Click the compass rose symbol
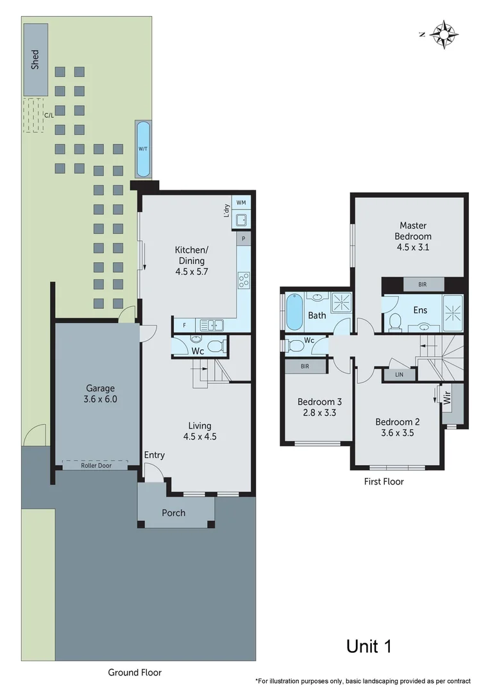point(443,34)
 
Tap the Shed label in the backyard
point(35,59)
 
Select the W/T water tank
point(142,149)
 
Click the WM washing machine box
point(241,202)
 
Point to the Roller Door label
point(96,466)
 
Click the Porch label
point(174,513)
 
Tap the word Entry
point(154,455)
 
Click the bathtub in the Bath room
point(294,311)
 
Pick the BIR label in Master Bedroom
point(422,284)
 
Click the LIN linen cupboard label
point(399,375)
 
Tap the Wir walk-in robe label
point(446,399)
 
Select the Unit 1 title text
point(369,646)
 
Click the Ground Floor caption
point(135,672)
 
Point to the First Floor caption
point(383,481)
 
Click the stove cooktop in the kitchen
point(244,280)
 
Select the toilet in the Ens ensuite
point(396,322)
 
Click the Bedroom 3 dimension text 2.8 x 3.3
point(319,413)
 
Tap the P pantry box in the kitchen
point(244,238)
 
